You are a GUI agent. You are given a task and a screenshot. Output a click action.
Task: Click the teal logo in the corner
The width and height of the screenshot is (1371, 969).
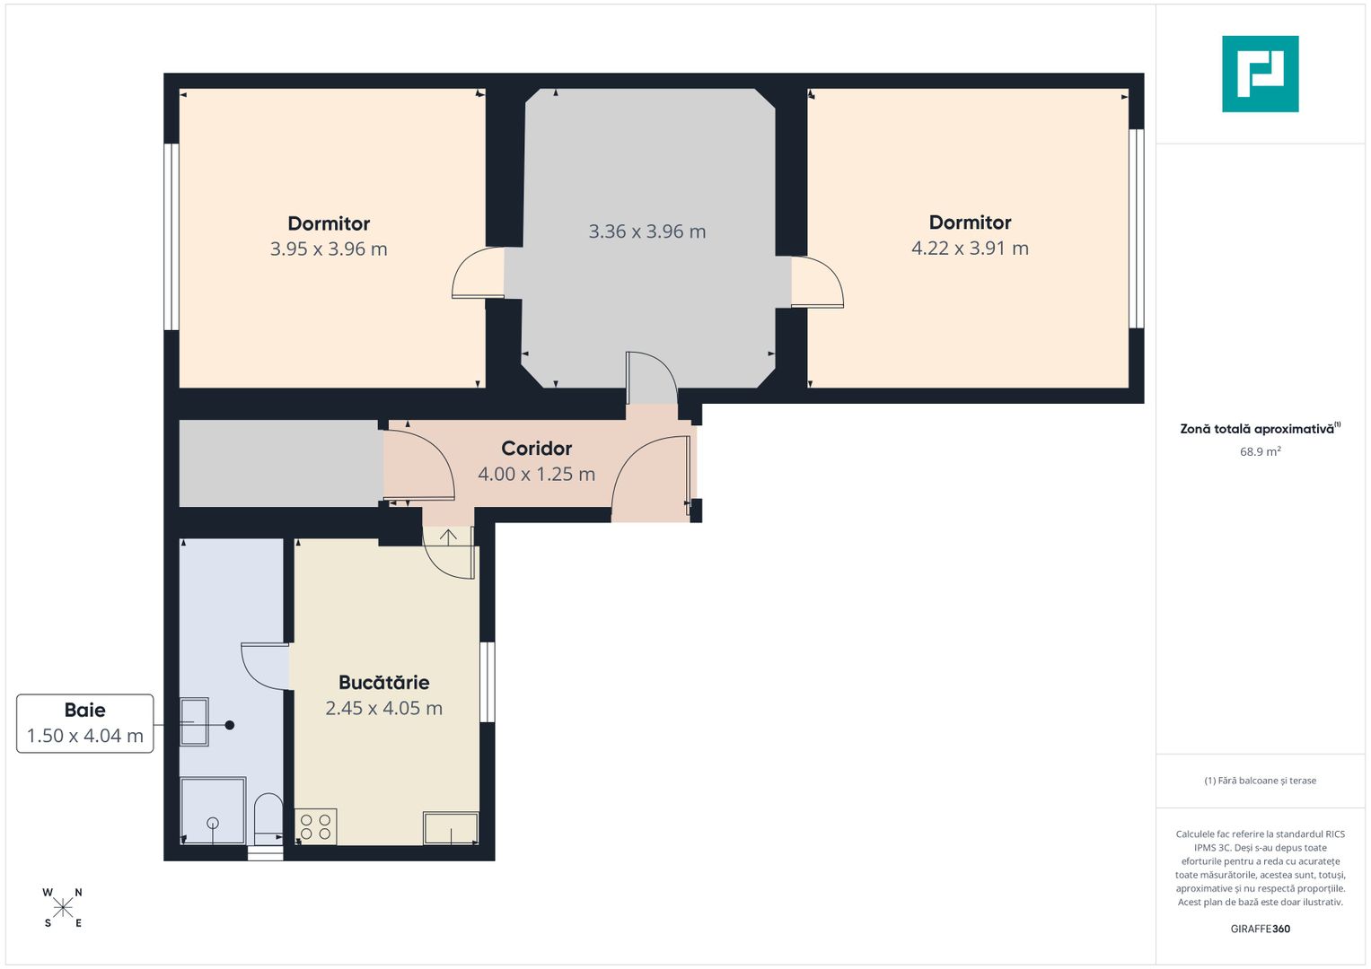coord(1261,74)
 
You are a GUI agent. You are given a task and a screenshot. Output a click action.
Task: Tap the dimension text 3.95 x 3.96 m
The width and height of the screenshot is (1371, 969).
coord(329,249)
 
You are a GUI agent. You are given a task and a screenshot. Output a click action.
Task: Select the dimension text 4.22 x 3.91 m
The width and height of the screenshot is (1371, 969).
coord(970,248)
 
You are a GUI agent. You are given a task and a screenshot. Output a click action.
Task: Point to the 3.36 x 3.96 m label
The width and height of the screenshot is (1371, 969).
coord(647,231)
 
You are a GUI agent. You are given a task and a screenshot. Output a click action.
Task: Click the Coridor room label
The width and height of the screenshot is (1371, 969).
coord(536,449)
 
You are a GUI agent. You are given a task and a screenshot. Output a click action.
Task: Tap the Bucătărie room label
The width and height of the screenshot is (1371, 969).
coord(383,682)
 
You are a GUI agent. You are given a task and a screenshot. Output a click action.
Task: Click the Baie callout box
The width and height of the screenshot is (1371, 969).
coord(85,723)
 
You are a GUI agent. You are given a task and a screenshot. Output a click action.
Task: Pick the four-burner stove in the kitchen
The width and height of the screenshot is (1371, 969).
coord(316,826)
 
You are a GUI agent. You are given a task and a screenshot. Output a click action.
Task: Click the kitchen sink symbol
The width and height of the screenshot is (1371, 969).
coord(451,828)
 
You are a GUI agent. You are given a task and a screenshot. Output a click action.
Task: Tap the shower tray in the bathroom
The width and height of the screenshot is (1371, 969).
coord(213,811)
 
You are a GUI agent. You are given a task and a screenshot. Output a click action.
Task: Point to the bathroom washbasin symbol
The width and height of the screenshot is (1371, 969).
coord(194,722)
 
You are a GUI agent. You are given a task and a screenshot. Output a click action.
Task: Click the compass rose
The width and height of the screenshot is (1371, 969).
coord(63,907)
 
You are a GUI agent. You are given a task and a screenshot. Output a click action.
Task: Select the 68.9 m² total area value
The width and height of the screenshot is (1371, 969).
coord(1261,451)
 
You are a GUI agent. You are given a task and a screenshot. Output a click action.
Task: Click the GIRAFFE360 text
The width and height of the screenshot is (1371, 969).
coord(1261,929)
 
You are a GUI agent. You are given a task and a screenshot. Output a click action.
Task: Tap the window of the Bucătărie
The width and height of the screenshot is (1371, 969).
coord(488,682)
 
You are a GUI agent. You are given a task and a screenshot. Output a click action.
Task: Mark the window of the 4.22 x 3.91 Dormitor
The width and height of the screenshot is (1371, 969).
coord(1136,228)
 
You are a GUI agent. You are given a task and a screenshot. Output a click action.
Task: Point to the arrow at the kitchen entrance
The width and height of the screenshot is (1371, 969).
coord(448,537)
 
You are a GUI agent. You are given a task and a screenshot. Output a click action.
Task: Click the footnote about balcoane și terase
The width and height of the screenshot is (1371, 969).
coord(1261,781)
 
